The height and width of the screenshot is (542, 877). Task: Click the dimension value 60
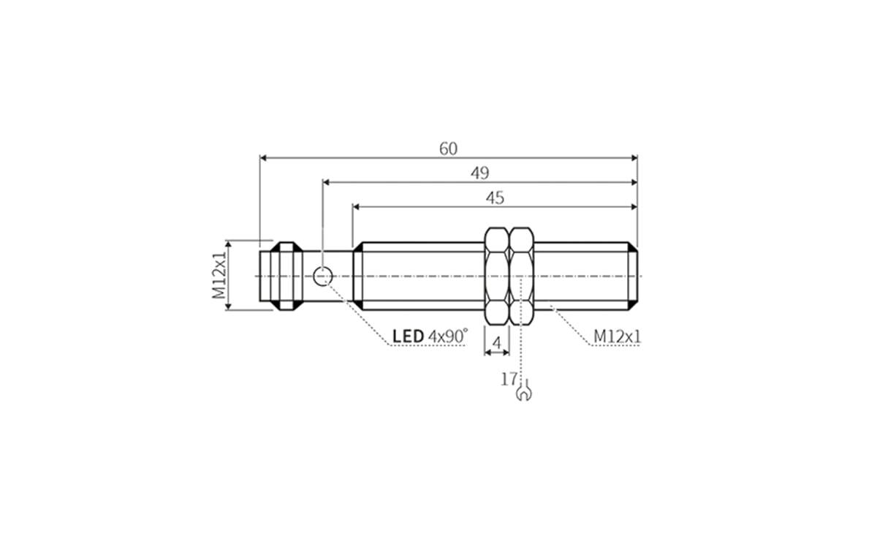pyautogui.click(x=448, y=148)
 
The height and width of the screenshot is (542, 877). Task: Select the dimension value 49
pyautogui.click(x=479, y=173)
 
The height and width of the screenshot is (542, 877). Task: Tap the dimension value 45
pyautogui.click(x=495, y=197)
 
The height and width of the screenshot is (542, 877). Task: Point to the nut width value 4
pyautogui.click(x=497, y=342)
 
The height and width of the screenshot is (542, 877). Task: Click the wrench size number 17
pyautogui.click(x=509, y=379)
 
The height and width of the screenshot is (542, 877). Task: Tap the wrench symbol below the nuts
pyautogui.click(x=523, y=394)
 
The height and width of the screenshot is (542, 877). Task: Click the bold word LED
pyautogui.click(x=408, y=336)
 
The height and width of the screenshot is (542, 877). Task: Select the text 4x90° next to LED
pyautogui.click(x=448, y=336)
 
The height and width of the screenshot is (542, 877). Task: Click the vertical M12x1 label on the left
pyautogui.click(x=219, y=275)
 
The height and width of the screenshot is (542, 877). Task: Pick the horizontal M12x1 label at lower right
pyautogui.click(x=617, y=336)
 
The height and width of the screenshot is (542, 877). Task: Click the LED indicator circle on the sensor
pyautogui.click(x=322, y=276)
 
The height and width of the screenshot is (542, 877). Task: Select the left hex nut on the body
pyautogui.click(x=497, y=276)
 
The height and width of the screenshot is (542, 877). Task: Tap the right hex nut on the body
pyautogui.click(x=521, y=276)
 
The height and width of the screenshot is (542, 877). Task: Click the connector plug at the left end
pyautogui.click(x=281, y=276)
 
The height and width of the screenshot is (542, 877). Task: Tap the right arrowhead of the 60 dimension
pyautogui.click(x=633, y=157)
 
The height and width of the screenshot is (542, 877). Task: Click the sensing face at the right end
pyautogui.click(x=635, y=276)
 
